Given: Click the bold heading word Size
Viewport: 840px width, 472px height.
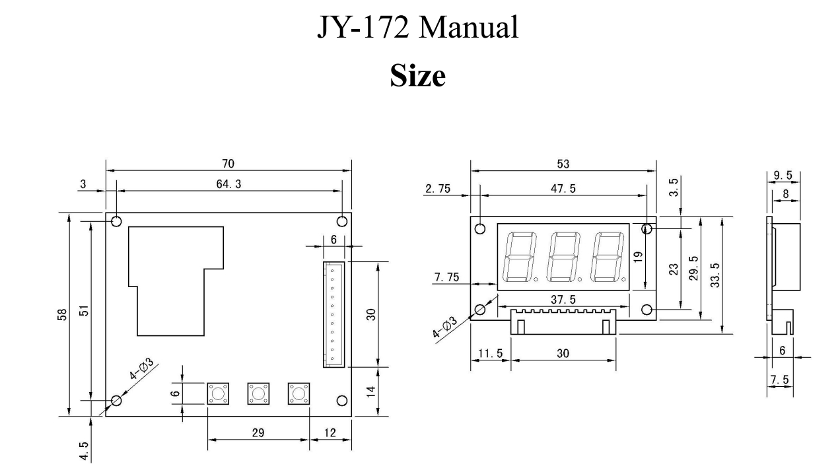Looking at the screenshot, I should (x=417, y=76).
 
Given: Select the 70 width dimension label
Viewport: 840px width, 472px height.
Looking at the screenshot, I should (x=228, y=164).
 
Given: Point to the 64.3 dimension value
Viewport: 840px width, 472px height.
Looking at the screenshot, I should (x=228, y=184).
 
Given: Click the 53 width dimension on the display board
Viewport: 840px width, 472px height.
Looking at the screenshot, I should (x=563, y=164).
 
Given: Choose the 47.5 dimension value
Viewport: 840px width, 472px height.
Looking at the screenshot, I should (x=563, y=189).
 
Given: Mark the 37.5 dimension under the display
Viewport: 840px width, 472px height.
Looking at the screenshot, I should (x=563, y=300).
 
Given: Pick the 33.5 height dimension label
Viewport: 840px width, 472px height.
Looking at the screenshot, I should (x=716, y=275).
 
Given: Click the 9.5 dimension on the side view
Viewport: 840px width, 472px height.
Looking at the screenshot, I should (x=783, y=176).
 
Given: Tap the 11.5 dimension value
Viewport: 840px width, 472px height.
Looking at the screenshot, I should (x=489, y=353).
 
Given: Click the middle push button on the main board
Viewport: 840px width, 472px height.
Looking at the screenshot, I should (x=258, y=393).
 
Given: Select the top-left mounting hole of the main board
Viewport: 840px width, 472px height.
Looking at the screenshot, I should (x=116, y=221).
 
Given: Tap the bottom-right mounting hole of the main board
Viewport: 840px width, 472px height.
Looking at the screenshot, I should (x=342, y=400).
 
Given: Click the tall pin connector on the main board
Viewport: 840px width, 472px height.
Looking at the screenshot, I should (x=333, y=314).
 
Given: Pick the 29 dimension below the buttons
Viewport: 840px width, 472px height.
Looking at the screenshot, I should (x=258, y=432).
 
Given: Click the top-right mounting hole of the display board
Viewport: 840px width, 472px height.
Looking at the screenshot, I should (x=647, y=229).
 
